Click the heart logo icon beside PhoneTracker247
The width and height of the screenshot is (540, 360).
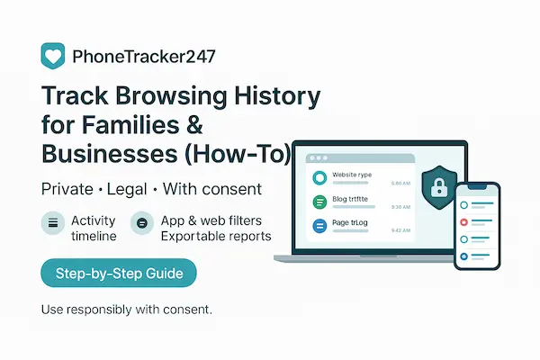pyautogui.click(x=54, y=56)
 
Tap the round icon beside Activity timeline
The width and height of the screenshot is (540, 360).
pyautogui.click(x=53, y=222)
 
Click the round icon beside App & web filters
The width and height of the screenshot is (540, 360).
pyautogui.click(x=140, y=222)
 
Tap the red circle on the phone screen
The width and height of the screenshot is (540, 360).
pyautogui.click(x=464, y=220)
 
